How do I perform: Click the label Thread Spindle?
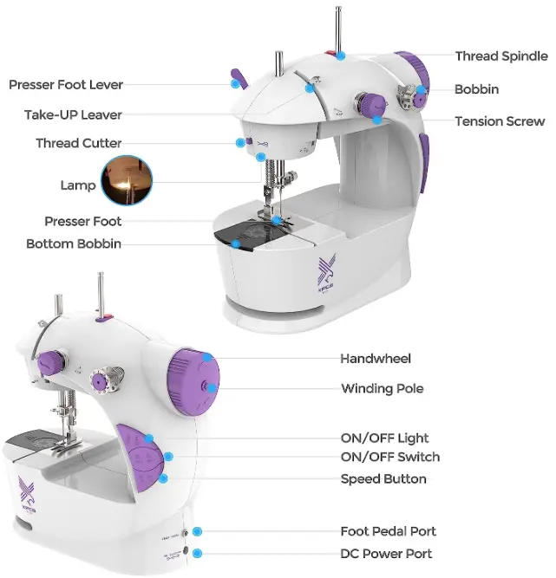[501, 56]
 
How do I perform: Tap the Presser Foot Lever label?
[66, 85]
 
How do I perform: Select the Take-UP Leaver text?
[73, 114]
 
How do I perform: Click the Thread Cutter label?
[78, 143]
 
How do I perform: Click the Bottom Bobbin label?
[74, 244]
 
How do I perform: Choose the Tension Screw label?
[500, 121]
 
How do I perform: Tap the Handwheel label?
[376, 358]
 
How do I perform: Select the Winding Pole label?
[383, 388]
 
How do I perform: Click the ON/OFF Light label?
[384, 438]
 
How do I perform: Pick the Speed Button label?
[383, 479]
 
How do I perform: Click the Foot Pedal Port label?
[388, 531]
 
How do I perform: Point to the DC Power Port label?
[386, 554]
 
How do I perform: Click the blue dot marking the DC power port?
[198, 553]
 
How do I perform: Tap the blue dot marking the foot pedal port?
[198, 530]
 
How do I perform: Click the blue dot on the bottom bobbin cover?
[235, 244]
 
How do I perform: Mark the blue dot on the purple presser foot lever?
[234, 84]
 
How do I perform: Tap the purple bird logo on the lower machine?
[28, 491]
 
